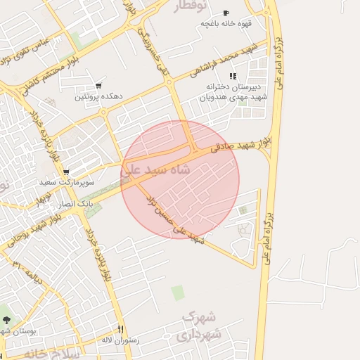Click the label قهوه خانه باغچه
click(226, 23)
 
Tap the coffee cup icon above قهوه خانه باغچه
click(226, 13)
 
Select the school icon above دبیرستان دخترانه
click(233, 76)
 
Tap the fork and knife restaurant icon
click(121, 329)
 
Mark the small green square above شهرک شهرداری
click(178, 292)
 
